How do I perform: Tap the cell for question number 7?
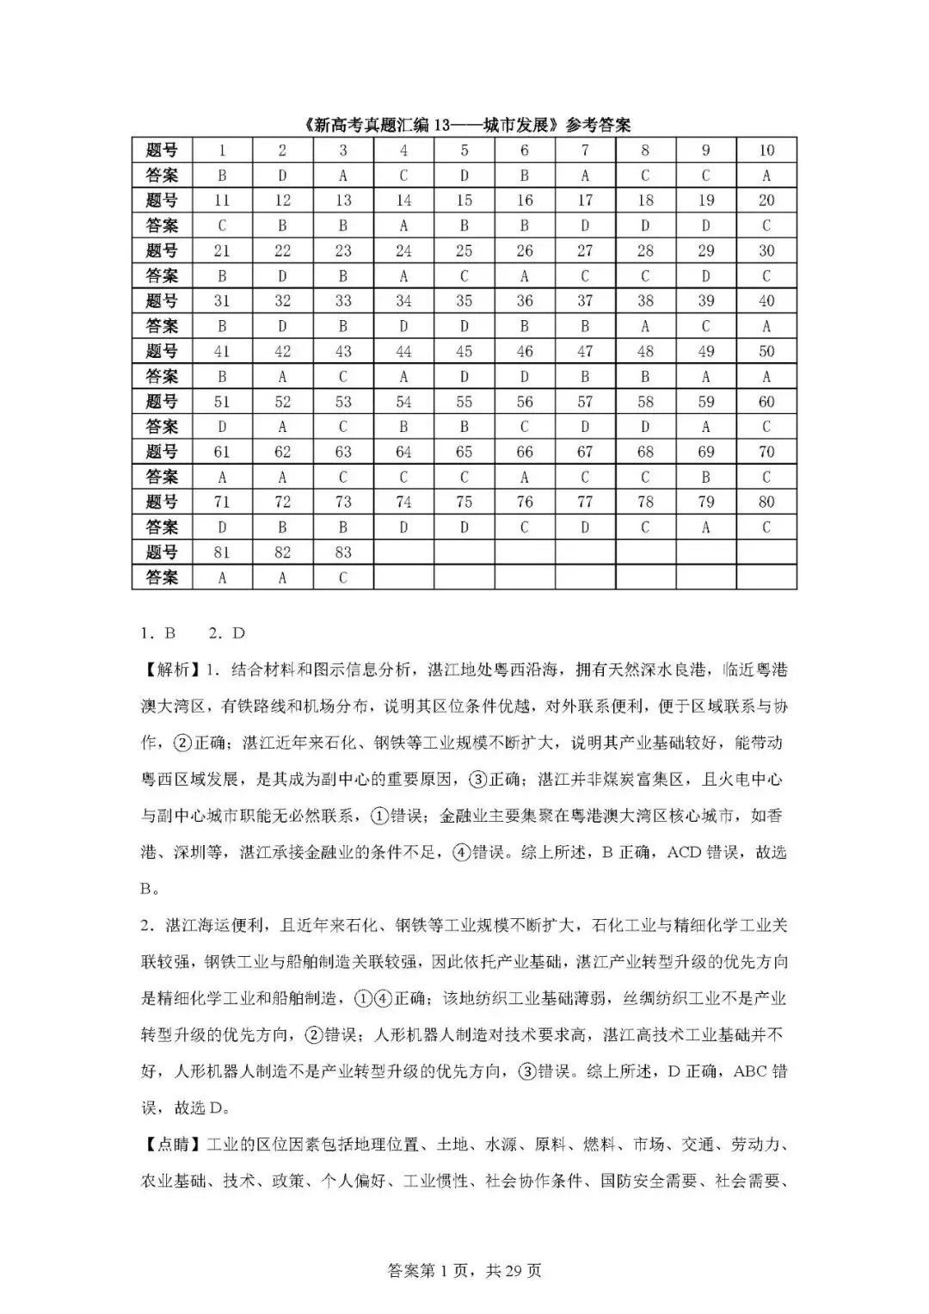(585, 151)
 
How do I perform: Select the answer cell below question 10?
(766, 176)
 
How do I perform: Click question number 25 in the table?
(464, 251)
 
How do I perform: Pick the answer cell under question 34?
(403, 326)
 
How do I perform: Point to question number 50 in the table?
(766, 351)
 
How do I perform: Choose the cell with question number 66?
(525, 452)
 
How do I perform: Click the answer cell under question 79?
(705, 527)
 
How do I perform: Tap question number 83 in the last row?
(342, 552)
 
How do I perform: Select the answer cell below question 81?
(222, 577)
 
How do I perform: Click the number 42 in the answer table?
(282, 351)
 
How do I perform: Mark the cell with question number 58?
(645, 402)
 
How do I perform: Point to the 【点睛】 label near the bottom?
(169, 1144)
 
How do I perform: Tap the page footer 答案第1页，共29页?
(464, 1271)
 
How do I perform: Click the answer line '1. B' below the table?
(158, 633)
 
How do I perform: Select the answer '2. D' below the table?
(227, 633)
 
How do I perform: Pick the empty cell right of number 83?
(403, 552)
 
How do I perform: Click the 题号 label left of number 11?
(162, 200)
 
